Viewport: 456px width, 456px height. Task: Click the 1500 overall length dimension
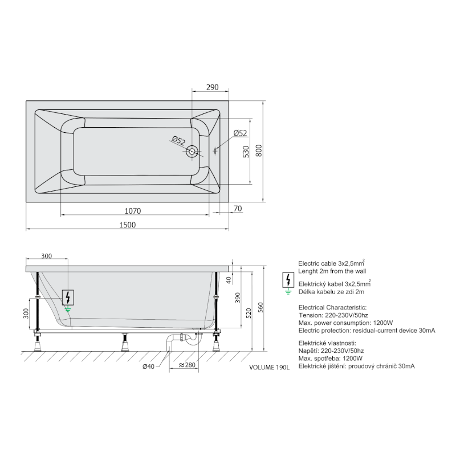click(x=127, y=225)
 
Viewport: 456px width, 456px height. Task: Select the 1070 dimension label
click(x=133, y=211)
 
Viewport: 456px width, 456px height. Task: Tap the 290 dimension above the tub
click(x=212, y=87)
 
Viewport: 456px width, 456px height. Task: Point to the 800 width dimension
click(x=259, y=150)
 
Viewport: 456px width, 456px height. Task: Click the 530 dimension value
click(x=246, y=152)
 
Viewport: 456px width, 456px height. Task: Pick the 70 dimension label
click(x=238, y=209)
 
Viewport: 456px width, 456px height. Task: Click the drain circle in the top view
click(x=192, y=152)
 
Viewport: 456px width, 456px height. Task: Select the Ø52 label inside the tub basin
click(x=178, y=141)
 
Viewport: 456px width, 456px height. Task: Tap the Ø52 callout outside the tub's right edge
click(x=240, y=133)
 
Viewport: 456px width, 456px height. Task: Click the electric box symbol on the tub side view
click(x=68, y=298)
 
